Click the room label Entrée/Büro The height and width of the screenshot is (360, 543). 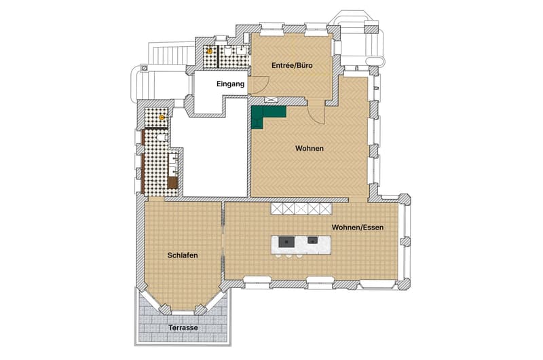pos(292,65)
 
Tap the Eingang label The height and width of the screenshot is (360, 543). pos(230,84)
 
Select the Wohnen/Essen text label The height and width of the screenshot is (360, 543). pos(358,228)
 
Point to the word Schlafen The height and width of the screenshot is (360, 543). pos(183,255)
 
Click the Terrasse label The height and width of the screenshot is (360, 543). pos(183,327)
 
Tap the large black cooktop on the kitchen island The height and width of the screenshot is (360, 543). pos(286,242)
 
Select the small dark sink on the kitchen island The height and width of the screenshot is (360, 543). pos(313,240)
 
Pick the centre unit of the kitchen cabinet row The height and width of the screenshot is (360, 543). pos(301,209)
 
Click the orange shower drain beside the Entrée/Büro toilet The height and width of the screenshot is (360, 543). pos(210,51)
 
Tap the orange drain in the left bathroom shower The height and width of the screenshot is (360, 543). pos(162,118)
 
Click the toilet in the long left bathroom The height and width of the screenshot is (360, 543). pos(162,139)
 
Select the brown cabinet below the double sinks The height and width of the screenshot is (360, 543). pos(172,183)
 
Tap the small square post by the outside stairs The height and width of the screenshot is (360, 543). pos(145,68)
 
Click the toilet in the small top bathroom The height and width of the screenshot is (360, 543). pos(228,51)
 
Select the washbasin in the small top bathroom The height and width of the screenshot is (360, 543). pos(242,50)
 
